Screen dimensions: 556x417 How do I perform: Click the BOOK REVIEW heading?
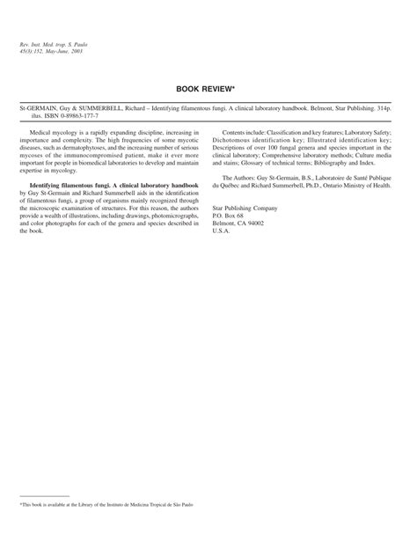pos(208,90)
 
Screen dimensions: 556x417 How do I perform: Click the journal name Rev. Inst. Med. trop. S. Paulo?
pos(55,44)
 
